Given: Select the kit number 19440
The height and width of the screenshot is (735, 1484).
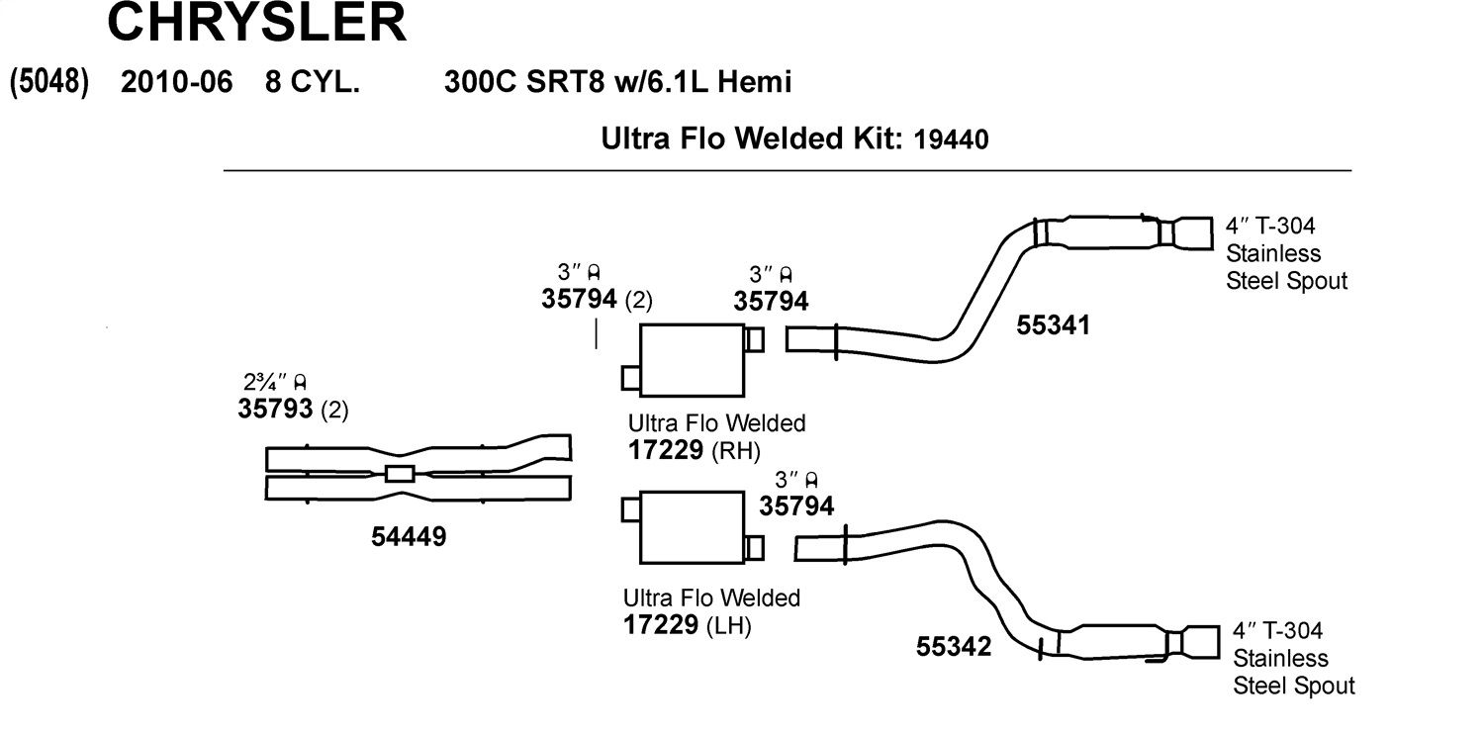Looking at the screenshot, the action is click(x=951, y=139).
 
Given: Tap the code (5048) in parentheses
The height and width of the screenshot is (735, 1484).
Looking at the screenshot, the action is click(x=49, y=82).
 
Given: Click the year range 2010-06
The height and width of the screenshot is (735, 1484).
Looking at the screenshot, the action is click(x=177, y=82).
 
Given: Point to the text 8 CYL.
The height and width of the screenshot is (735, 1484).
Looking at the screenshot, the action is click(x=313, y=82).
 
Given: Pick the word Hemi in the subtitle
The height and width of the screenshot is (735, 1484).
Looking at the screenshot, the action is click(x=755, y=82).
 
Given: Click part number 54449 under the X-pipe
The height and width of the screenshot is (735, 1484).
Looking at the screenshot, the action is click(x=409, y=536).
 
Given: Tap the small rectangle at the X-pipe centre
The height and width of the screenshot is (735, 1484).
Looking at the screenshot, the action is click(x=400, y=474).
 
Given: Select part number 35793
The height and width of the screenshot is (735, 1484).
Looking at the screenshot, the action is click(x=275, y=409).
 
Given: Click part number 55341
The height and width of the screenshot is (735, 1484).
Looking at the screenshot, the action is click(x=1054, y=325).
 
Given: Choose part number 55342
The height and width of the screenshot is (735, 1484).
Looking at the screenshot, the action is click(x=954, y=646).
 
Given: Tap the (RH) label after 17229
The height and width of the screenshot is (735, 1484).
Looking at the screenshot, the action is click(x=735, y=451).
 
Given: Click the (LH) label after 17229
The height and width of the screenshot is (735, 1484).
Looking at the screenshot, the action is click(x=729, y=625).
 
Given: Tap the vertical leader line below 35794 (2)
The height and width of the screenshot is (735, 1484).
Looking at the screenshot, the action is click(x=597, y=333).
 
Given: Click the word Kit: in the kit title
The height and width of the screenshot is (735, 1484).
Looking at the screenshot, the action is click(x=874, y=138).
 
